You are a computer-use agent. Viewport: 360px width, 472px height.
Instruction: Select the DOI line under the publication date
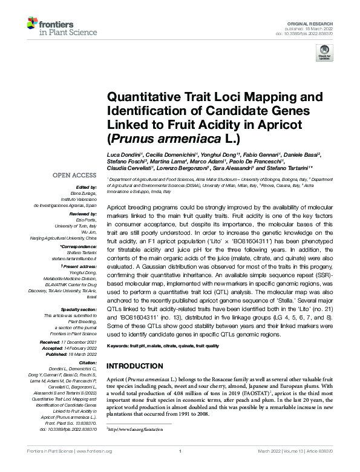(316, 34)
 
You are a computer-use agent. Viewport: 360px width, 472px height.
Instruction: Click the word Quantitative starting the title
(140, 97)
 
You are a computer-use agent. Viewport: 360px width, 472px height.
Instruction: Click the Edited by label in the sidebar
(87, 188)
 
